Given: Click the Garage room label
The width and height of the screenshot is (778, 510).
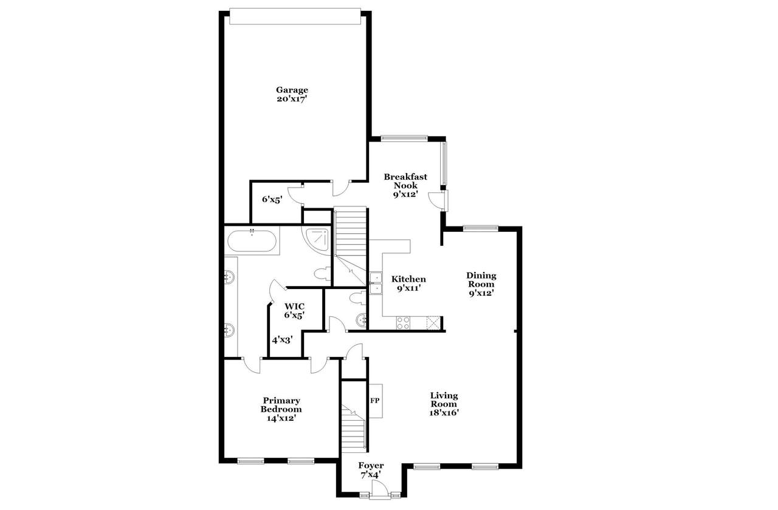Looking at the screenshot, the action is (x=292, y=90).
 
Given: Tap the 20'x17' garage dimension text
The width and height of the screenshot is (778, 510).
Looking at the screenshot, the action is (x=292, y=99).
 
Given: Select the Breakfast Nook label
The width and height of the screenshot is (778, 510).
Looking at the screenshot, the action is (x=405, y=181).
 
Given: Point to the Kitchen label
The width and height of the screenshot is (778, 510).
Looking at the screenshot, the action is (x=408, y=279).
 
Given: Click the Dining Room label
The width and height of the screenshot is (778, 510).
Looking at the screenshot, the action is (x=481, y=280).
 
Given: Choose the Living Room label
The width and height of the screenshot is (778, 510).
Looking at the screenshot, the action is (x=444, y=399).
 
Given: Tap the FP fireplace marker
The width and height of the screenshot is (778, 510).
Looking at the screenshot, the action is (x=374, y=401).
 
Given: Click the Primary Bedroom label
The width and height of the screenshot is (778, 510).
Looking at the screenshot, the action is (x=281, y=405).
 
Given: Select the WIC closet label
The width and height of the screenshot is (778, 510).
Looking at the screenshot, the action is (x=295, y=307).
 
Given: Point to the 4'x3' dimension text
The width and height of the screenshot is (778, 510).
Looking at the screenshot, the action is (x=282, y=341).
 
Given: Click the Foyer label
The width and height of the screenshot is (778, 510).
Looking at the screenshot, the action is (x=371, y=465).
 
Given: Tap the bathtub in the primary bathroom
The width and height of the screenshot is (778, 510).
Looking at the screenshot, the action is (x=252, y=240).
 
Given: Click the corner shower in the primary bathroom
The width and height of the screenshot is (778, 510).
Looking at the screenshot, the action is (x=317, y=240).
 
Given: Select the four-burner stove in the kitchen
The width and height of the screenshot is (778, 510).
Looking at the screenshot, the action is (x=403, y=322).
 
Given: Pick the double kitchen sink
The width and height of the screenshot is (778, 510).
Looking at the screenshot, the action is (x=376, y=283).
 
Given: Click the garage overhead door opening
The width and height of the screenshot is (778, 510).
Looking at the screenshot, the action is (x=295, y=16).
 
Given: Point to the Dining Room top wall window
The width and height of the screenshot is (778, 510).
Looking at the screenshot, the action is (x=480, y=228).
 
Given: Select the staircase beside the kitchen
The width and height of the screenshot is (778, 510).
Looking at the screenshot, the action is (x=350, y=246).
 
